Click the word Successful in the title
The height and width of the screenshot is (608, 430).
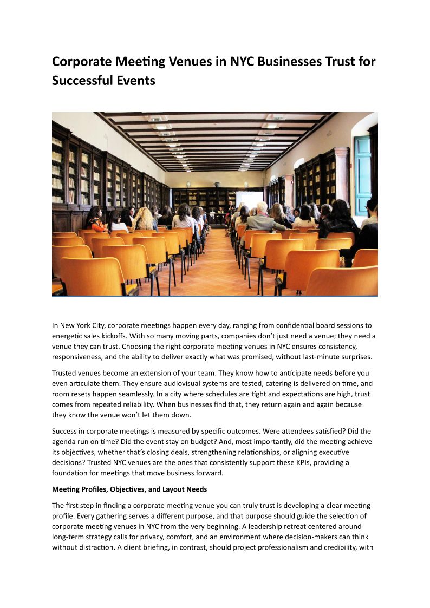tap(82, 81)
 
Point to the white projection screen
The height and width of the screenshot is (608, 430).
tap(249, 199)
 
